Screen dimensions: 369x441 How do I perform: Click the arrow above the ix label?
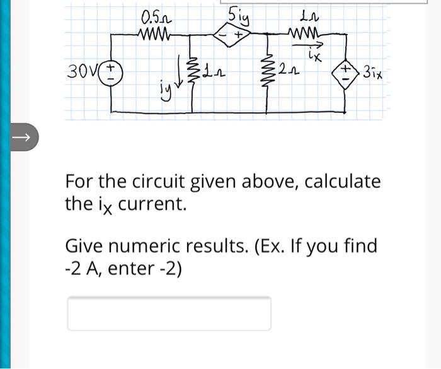click(313, 44)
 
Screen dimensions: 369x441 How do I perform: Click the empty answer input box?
click(169, 313)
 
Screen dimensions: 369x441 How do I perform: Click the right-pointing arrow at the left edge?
click(21, 136)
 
